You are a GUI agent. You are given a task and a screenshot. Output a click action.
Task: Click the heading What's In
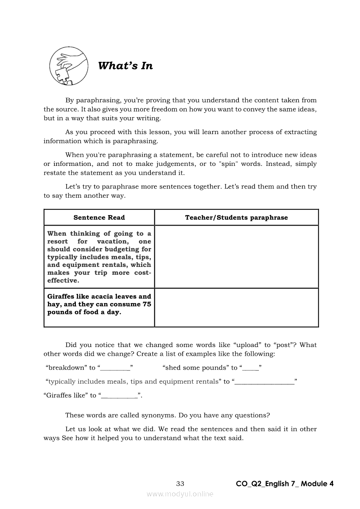pyautogui.click(x=126, y=66)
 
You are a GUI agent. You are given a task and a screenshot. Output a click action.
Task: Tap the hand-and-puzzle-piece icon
pyautogui.click(x=67, y=65)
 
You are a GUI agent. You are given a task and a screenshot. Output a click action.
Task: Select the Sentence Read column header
pyautogui.click(x=99, y=218)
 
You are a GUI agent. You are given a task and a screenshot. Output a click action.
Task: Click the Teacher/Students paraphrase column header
pyautogui.click(x=236, y=218)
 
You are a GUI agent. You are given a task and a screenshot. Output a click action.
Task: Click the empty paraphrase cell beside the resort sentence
pyautogui.click(x=236, y=256)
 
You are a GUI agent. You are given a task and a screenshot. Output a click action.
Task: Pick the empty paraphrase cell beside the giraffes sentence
pyautogui.click(x=236, y=307)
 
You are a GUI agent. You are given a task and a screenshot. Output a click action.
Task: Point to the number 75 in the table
pyautogui.click(x=147, y=304)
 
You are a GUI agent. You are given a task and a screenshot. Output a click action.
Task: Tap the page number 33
pyautogui.click(x=180, y=483)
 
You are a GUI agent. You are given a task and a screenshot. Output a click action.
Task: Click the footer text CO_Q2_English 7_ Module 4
pyautogui.click(x=285, y=483)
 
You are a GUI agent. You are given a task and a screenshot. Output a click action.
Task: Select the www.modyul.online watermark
pyautogui.click(x=180, y=494)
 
